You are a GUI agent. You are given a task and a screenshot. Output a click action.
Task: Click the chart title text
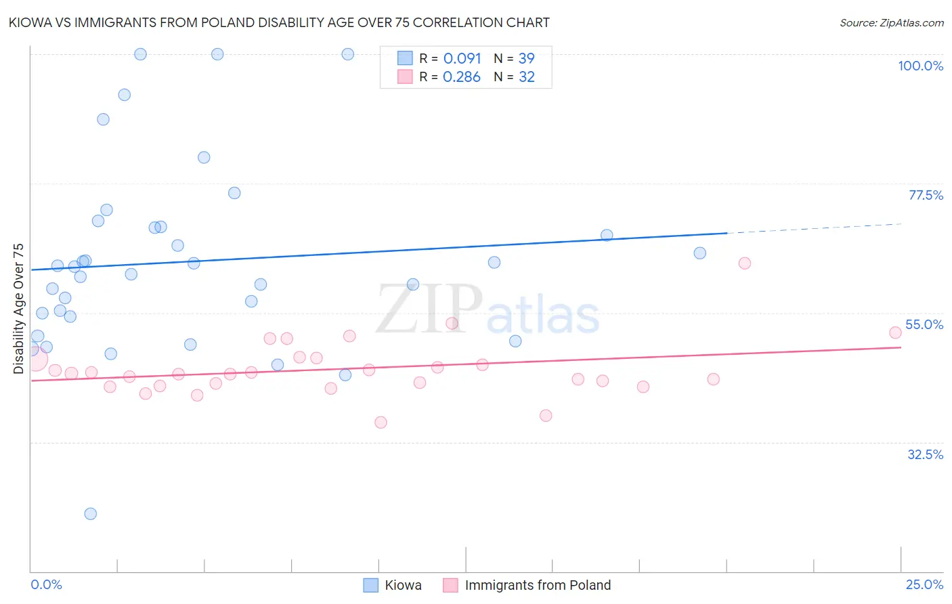(x=279, y=22)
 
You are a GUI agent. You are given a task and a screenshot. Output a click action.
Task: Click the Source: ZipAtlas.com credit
(x=891, y=22)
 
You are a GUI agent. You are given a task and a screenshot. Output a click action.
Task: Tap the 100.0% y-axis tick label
(x=920, y=66)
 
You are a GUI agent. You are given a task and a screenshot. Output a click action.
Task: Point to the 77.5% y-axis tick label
(x=926, y=195)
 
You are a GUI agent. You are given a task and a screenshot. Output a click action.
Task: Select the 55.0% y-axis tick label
(x=924, y=324)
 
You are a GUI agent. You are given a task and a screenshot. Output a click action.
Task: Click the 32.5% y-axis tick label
(x=925, y=454)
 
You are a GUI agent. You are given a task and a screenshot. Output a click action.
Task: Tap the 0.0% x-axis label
(x=46, y=584)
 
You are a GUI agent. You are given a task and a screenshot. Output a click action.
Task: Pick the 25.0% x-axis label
(x=924, y=584)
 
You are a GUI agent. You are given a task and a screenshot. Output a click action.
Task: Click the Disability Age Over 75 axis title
(x=18, y=309)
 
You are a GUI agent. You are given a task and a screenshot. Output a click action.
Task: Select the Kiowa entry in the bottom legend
(x=403, y=585)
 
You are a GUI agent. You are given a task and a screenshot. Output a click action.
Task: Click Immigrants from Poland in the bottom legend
(x=538, y=585)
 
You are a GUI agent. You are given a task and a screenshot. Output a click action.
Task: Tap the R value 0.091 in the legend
(x=462, y=59)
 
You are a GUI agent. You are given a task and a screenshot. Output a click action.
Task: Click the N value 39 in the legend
(x=526, y=59)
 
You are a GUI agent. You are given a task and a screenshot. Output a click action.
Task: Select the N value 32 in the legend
(x=526, y=77)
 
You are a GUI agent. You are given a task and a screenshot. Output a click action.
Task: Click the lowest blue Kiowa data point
(x=91, y=513)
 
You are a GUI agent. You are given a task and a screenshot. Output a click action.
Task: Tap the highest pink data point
(x=745, y=263)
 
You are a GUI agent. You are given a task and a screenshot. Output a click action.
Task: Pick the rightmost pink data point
(x=895, y=332)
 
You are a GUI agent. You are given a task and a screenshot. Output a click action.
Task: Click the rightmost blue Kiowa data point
(x=700, y=253)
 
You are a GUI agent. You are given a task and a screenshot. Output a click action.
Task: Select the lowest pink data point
(x=381, y=423)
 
